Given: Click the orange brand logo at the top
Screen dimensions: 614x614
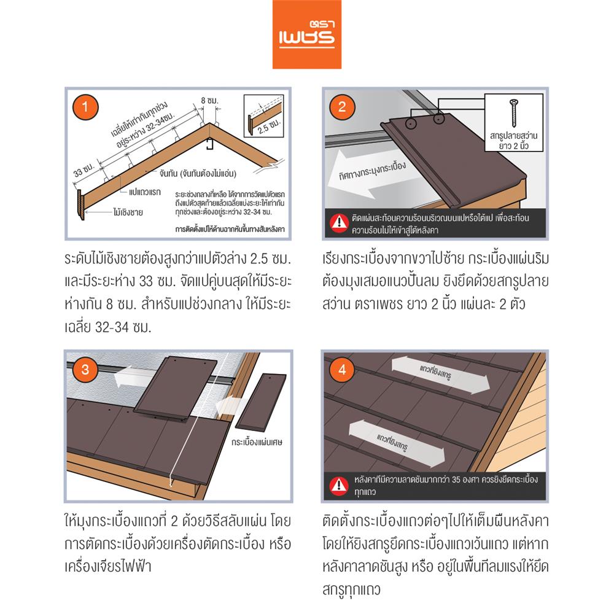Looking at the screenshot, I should coord(306,35).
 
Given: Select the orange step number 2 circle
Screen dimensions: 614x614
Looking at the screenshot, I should coord(343,107).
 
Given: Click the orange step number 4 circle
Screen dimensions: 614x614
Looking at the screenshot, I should coord(343,370).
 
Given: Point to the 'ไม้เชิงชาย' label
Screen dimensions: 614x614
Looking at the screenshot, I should coord(128,213).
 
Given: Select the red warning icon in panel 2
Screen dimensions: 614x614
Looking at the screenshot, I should coord(338,223).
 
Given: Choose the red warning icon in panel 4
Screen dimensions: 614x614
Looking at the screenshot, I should coord(338,485).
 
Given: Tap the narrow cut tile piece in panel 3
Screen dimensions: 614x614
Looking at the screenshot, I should coord(261,402).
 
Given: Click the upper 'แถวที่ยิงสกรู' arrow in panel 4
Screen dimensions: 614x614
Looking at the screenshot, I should coord(442,376).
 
